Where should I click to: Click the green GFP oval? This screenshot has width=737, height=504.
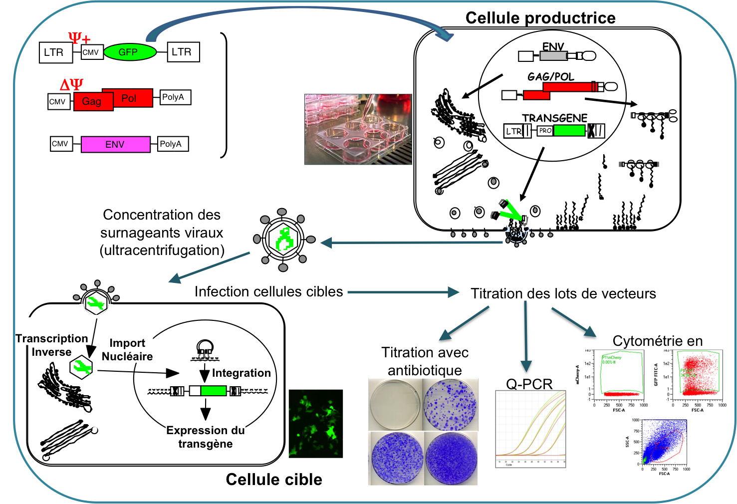[129, 52]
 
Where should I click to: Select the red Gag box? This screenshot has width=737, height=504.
[93, 101]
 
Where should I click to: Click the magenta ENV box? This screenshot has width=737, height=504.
[115, 144]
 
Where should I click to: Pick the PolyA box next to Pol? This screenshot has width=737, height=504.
[173, 97]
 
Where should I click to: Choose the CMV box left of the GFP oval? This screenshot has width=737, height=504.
[91, 52]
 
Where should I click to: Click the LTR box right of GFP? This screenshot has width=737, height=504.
[183, 52]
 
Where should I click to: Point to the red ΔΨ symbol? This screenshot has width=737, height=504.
[71, 84]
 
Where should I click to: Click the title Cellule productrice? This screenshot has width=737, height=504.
[540, 18]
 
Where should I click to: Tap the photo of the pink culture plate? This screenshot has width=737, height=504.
[358, 129]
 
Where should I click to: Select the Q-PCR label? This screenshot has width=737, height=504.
[529, 383]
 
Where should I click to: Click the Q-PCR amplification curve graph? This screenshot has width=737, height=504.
[530, 429]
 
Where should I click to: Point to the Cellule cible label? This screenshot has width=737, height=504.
[273, 480]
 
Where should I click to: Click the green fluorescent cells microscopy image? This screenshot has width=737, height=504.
[316, 423]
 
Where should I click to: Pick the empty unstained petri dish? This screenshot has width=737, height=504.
[395, 404]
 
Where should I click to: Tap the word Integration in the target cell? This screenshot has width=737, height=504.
[241, 373]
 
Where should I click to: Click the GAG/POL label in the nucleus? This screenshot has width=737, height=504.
[551, 76]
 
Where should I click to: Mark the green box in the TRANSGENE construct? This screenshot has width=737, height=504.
[569, 131]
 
